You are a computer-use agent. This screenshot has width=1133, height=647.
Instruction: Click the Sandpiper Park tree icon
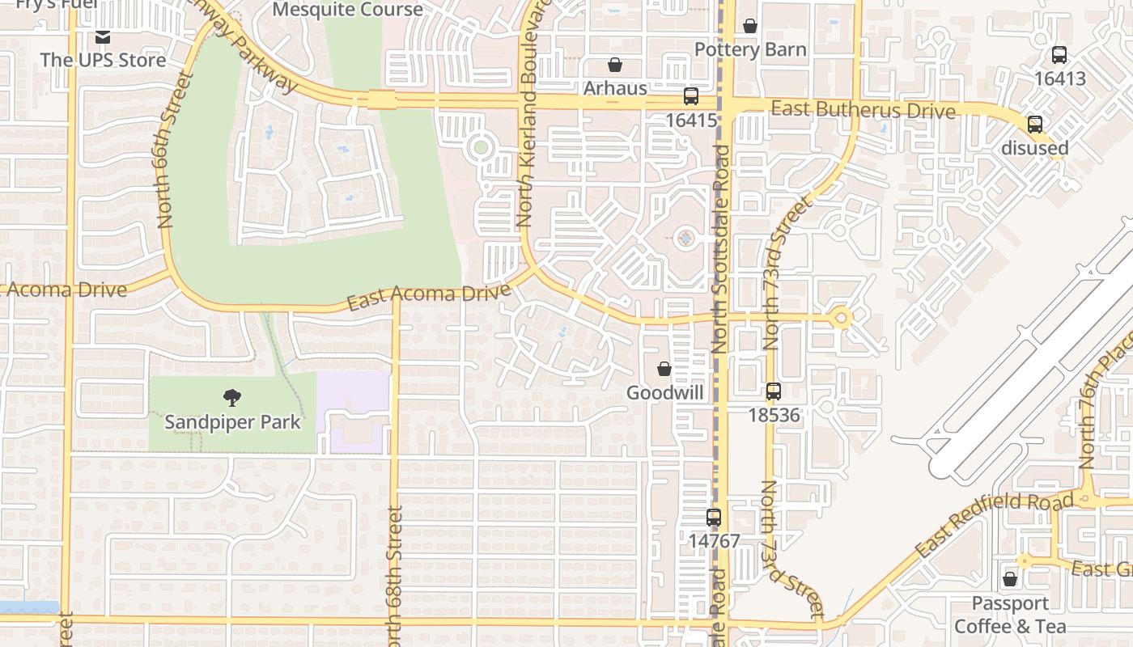coord(232,397)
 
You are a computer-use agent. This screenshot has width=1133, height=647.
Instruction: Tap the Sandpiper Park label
coord(232,421)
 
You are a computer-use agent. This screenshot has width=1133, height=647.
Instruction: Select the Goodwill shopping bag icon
coord(664,369)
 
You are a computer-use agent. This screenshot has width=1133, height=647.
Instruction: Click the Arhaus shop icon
coord(615,65)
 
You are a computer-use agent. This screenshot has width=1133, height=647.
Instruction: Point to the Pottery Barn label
coord(750,50)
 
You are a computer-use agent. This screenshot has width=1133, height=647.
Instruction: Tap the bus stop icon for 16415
coord(691,96)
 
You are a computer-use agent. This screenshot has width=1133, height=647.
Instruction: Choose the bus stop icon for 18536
coord(774,391)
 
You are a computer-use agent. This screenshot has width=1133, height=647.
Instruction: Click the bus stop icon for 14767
coord(714,517)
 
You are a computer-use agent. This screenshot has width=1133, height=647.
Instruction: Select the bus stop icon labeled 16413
coord(1059,55)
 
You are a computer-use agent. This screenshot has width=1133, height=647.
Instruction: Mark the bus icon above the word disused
coord(1035,125)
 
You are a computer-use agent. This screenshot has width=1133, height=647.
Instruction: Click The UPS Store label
coord(103,60)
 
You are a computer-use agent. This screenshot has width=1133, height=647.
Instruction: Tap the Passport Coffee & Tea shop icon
coord(1010,579)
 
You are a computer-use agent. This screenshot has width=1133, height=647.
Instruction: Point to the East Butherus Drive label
coord(863,109)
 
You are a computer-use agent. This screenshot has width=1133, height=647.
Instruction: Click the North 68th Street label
coord(395,570)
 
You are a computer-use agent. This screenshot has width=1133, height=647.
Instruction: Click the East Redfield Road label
coord(994,526)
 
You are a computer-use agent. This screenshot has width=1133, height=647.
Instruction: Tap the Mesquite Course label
coord(347,10)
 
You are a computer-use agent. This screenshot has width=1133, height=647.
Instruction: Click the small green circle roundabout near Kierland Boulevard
coord(481,147)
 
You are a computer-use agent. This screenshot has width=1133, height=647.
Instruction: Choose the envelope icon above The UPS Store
coord(103,37)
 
